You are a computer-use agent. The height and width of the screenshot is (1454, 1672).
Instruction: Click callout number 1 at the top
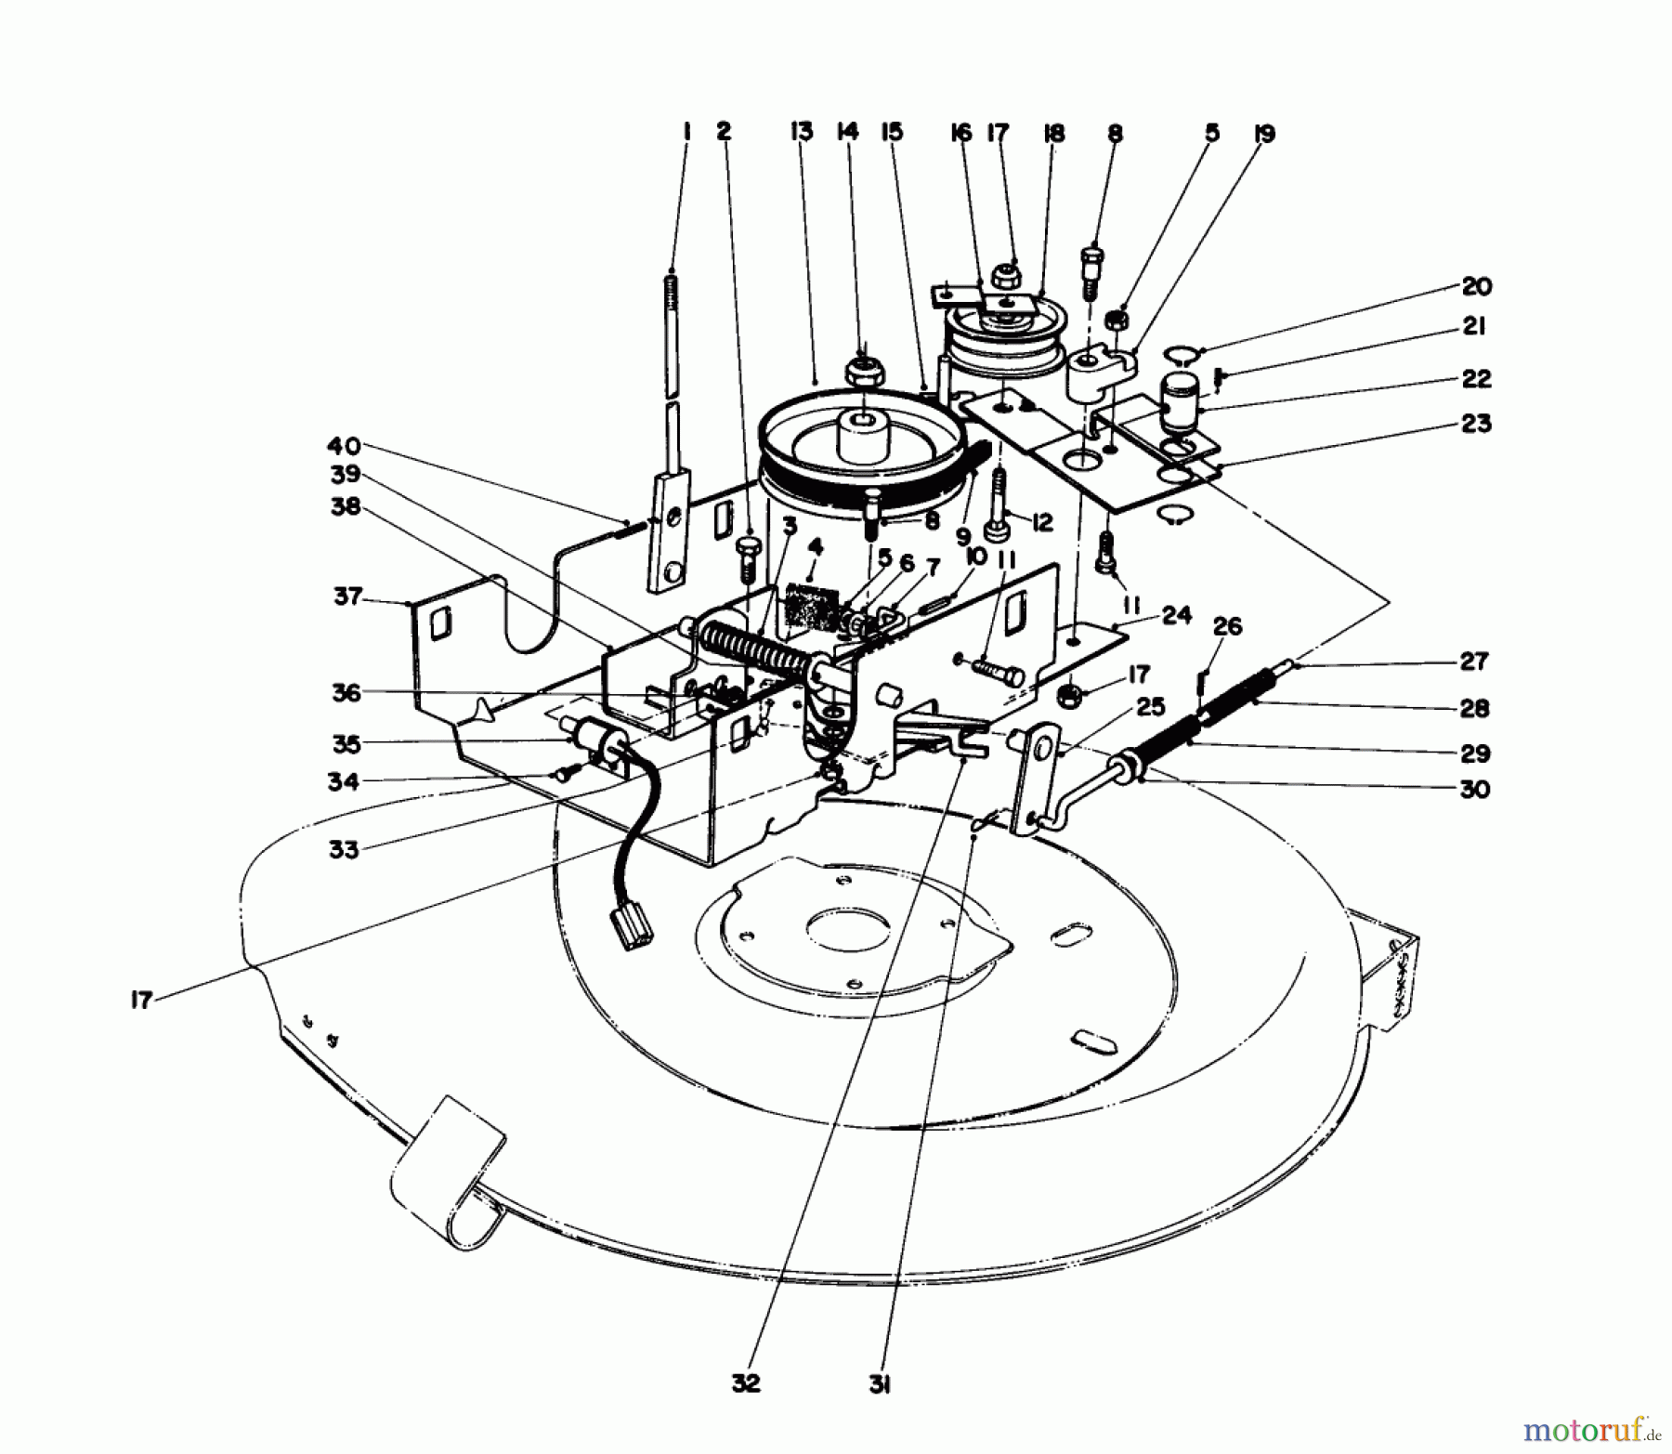tap(686, 133)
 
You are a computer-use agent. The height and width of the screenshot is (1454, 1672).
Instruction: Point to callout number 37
tap(347, 596)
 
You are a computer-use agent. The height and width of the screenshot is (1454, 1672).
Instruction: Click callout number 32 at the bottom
tap(745, 1383)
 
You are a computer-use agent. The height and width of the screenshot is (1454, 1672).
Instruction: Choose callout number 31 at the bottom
tap(881, 1386)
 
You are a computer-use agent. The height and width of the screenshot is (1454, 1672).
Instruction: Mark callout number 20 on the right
tap(1476, 286)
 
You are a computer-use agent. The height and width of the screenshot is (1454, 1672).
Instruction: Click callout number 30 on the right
tap(1475, 789)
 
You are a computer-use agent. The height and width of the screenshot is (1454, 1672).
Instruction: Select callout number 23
tap(1476, 424)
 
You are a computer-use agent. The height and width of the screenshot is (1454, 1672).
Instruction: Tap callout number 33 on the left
tap(344, 849)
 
